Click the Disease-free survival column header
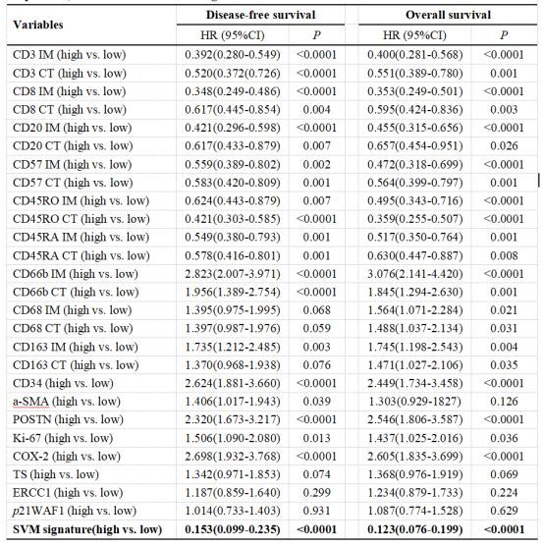tap(260, 15)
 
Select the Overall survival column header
tap(448, 15)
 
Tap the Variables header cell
tap(38, 25)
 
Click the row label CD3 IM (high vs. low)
tap(70, 55)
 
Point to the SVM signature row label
tap(87, 529)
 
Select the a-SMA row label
tap(67, 402)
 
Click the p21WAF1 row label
tap(75, 511)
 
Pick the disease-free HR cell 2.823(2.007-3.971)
tap(233, 274)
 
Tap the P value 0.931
tap(316, 511)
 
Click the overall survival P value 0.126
tap(504, 402)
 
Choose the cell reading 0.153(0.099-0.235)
tap(233, 529)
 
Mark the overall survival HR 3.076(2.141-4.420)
tap(415, 274)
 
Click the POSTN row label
tap(69, 419)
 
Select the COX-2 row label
tap(67, 457)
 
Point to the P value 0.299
tap(316, 493)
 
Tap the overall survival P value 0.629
tap(504, 511)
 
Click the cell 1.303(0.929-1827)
tap(414, 402)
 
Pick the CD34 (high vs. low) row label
tap(64, 383)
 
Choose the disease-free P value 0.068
tap(316, 310)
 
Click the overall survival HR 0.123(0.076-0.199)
tap(415, 529)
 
